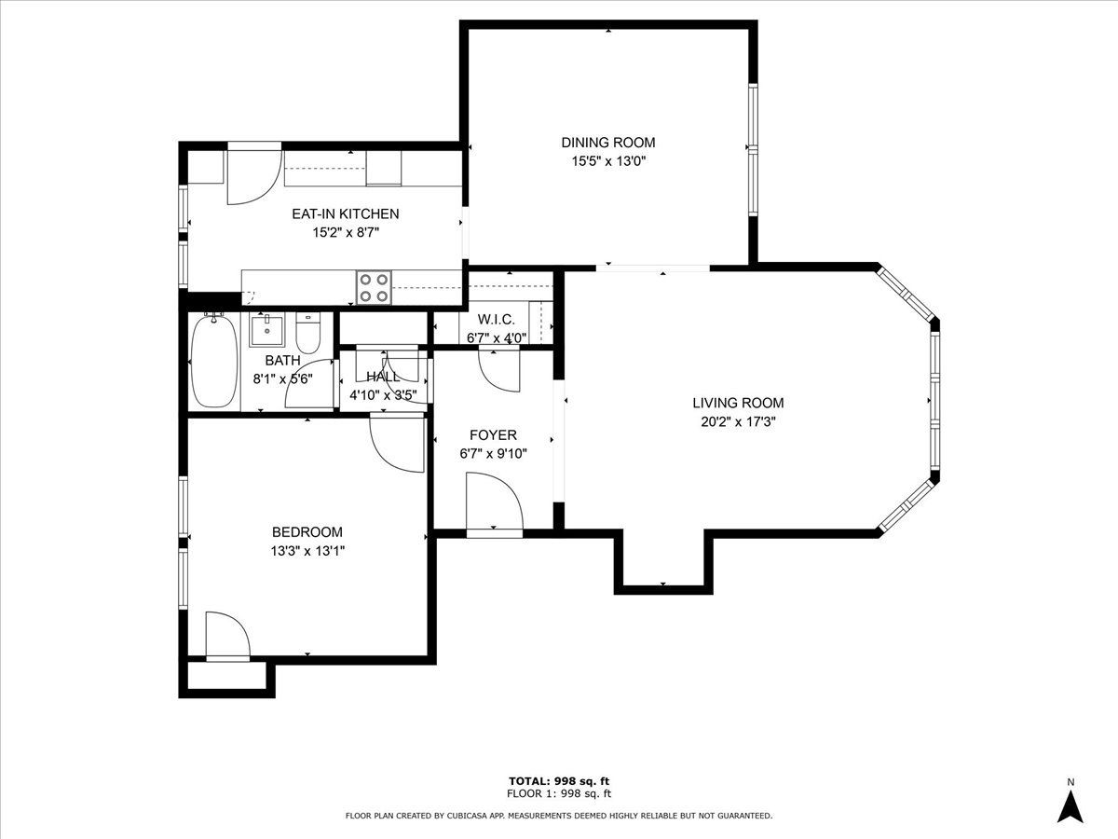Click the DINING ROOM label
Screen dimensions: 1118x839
click(x=608, y=143)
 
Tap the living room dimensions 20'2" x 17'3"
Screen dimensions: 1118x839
click(x=738, y=421)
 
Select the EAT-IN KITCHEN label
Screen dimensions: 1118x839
click(x=346, y=214)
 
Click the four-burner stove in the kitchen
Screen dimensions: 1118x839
click(x=375, y=287)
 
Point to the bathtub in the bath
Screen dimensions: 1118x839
click(x=214, y=361)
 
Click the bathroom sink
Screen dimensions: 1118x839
click(x=266, y=330)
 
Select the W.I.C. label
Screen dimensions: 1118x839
click(x=496, y=320)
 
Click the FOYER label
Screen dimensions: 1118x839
click(x=493, y=435)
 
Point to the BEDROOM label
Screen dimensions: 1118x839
click(x=307, y=532)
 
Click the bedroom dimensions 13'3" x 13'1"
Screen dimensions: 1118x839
click(x=307, y=551)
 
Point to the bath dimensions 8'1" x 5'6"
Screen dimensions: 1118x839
click(x=282, y=379)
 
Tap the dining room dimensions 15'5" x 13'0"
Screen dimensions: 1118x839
click(x=608, y=161)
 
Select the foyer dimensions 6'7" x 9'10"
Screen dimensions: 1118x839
click(x=493, y=453)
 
